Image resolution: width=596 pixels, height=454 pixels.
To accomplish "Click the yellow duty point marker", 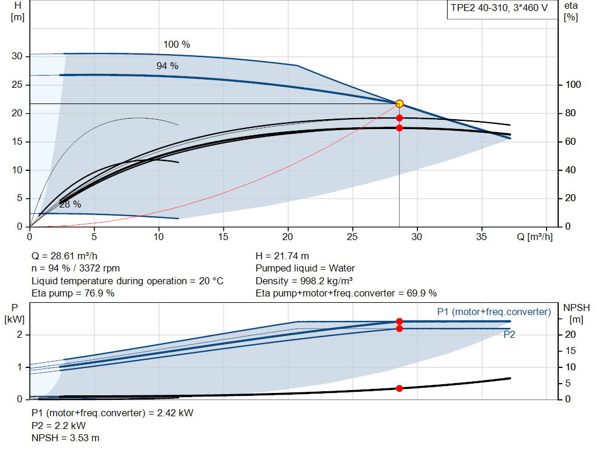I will pos(399,103).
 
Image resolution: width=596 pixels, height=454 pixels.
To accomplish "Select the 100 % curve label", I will pos(176,44).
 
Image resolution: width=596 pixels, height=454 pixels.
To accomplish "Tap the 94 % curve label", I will pos(167,66).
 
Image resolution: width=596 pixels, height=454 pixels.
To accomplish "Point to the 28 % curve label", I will pos(70,204).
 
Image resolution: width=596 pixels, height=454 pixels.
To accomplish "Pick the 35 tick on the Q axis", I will pos(482,237).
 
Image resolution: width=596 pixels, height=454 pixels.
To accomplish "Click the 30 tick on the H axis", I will pos(16,56).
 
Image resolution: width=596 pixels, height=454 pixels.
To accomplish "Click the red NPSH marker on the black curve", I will pos(399,388).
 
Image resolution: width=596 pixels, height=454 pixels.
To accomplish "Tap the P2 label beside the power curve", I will pos(509,335).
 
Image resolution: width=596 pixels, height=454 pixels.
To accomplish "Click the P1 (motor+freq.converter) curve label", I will pos(494,312).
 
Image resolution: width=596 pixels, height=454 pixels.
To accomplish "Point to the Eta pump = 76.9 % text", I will pos(73,293).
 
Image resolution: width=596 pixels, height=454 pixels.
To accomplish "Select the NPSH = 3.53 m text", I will pos(65,438).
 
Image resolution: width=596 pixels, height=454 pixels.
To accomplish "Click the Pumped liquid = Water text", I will pos(305,269).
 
